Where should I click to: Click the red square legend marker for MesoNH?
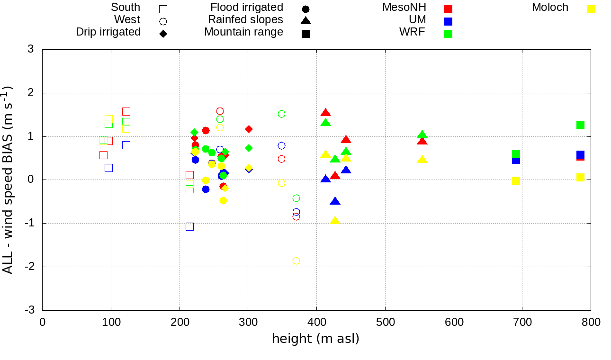coord(448,9)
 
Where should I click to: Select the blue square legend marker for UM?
coord(448,21)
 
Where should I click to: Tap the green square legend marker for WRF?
coord(448,34)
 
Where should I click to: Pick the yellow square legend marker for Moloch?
coord(591,9)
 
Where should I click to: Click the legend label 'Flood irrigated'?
coord(247,8)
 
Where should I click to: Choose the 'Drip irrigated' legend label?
coord(108,32)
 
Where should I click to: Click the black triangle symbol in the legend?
coord(305,21)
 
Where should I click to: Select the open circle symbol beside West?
coord(163,21)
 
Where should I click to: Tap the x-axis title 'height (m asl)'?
coord(315,339)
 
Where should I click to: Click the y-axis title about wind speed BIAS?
coord(8,180)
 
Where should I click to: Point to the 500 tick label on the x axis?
coord(385,323)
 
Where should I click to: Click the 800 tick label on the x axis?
coord(590,323)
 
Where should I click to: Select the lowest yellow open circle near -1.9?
coord(296,261)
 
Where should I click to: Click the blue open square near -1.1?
coord(189,226)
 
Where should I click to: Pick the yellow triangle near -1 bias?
coord(335,221)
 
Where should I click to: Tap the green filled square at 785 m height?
coord(580,125)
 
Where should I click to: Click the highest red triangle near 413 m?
coord(325,113)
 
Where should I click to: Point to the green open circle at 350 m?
coord(281,114)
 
